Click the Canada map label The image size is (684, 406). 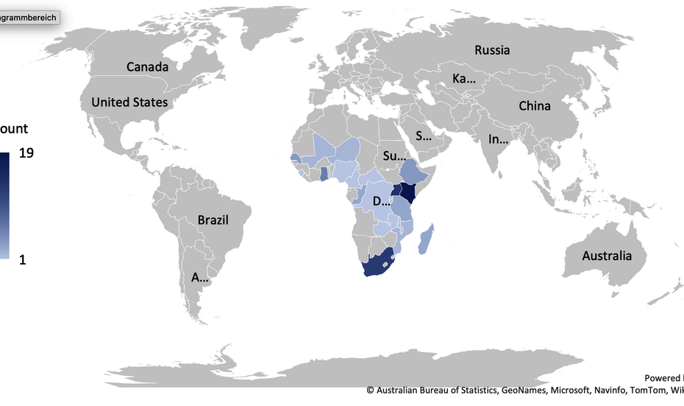pos(147,67)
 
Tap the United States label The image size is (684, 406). pos(129,102)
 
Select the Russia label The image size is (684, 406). pos(492,50)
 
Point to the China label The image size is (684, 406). pos(534,106)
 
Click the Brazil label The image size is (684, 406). pos(213,220)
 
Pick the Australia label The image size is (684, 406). pos(607,256)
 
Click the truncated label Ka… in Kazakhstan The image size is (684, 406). pos(463,79)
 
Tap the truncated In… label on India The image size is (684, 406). pos(499,139)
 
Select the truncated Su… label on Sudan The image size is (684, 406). pos(394,156)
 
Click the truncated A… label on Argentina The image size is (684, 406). pos(200,278)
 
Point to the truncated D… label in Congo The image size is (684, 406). pos(382,201)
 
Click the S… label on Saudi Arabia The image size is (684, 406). pos(424,136)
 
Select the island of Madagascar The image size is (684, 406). pos(426,241)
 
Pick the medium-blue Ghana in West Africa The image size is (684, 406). pos(324,174)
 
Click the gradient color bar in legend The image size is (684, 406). pos(4,206)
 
